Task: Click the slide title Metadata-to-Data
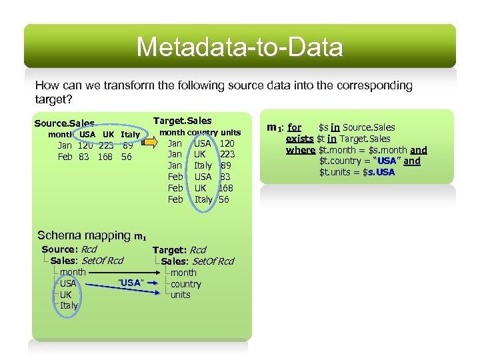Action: click(x=239, y=47)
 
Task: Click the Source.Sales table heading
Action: click(x=64, y=124)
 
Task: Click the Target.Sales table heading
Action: click(x=182, y=121)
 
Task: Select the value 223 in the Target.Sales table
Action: click(x=227, y=154)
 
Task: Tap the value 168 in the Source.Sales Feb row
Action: click(x=105, y=157)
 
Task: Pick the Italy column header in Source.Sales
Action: click(x=130, y=135)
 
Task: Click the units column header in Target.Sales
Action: click(x=231, y=133)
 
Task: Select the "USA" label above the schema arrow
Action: click(x=130, y=283)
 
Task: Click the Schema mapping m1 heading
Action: click(x=92, y=235)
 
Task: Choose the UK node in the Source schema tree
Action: click(x=65, y=295)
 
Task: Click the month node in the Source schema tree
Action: click(x=73, y=272)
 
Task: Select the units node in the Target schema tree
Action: click(x=180, y=295)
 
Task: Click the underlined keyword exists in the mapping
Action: click(x=299, y=139)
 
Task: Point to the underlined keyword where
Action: click(x=300, y=150)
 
